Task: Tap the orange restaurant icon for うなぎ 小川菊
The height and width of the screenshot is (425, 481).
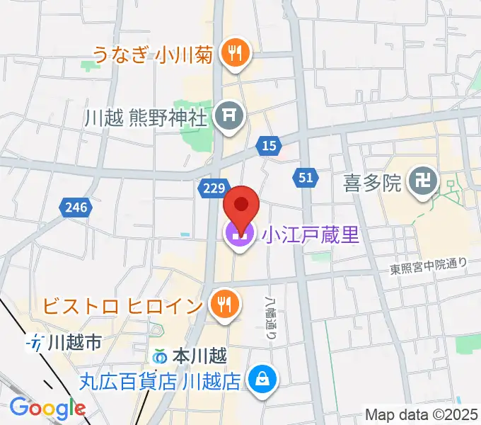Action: tap(231, 52)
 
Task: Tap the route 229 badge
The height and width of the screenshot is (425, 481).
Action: tap(212, 188)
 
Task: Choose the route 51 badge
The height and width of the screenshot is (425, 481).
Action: tap(305, 178)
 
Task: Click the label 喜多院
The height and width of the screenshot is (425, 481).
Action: tap(373, 185)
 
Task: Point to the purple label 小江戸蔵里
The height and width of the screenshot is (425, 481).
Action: tap(311, 235)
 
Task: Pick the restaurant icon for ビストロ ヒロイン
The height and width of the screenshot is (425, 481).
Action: tap(224, 305)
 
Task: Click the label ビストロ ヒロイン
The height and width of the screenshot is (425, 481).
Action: tap(123, 306)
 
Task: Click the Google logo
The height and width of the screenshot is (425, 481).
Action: tap(47, 408)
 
